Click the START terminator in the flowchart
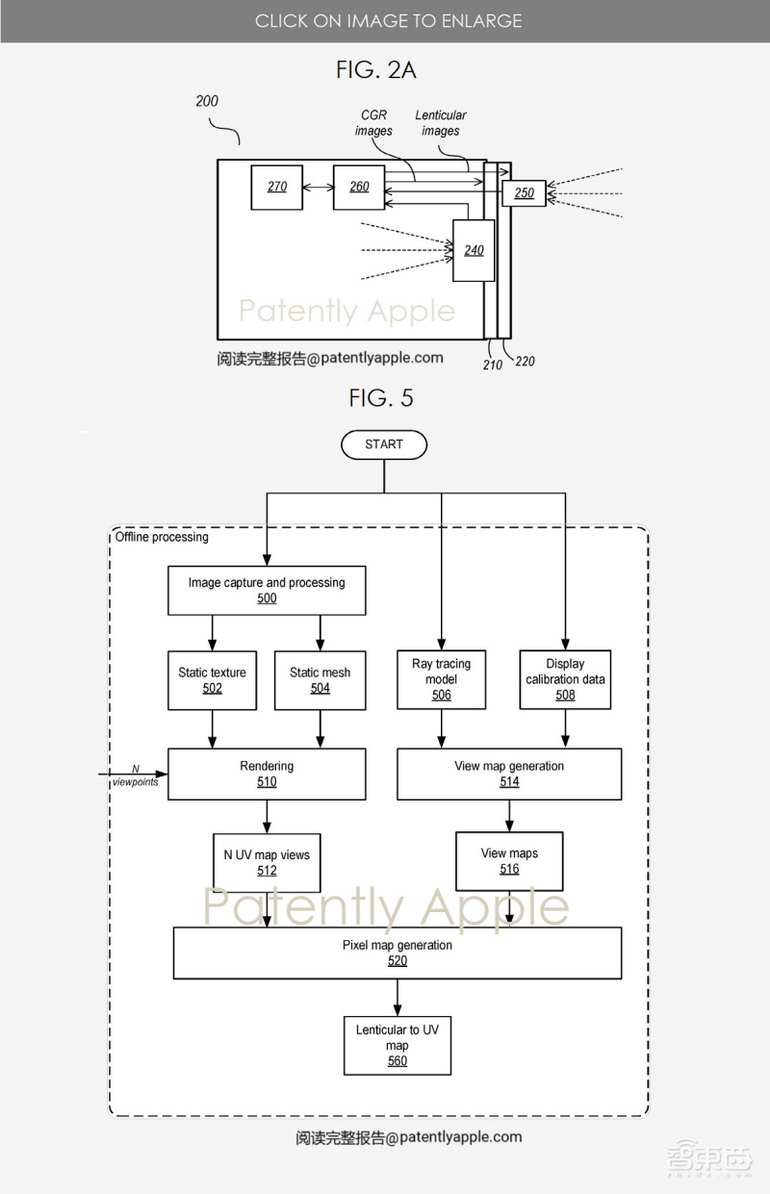pos(383,445)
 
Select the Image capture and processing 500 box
pos(267,591)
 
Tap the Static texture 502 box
pos(212,680)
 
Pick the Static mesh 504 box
pos(321,680)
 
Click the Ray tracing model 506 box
pos(441,679)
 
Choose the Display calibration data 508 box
pos(565,679)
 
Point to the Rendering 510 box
pos(267,774)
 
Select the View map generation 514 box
pos(509,774)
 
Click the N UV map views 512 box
pos(267,862)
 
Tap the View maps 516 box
pos(509,860)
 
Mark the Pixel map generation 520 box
pos(397,953)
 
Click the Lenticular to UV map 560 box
pos(397,1045)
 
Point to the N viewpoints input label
pos(134,775)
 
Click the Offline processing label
pos(162,537)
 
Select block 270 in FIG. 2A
pos(276,187)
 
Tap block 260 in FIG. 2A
pos(359,187)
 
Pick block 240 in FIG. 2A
pos(474,250)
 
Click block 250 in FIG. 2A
pos(524,193)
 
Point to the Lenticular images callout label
pos(441,123)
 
